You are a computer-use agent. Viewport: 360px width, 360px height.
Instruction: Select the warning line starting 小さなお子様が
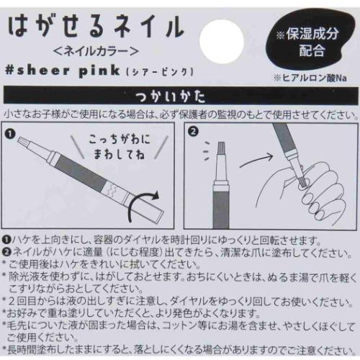coord(179,114)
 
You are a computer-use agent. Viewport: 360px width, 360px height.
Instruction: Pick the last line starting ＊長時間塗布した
coord(179,349)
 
